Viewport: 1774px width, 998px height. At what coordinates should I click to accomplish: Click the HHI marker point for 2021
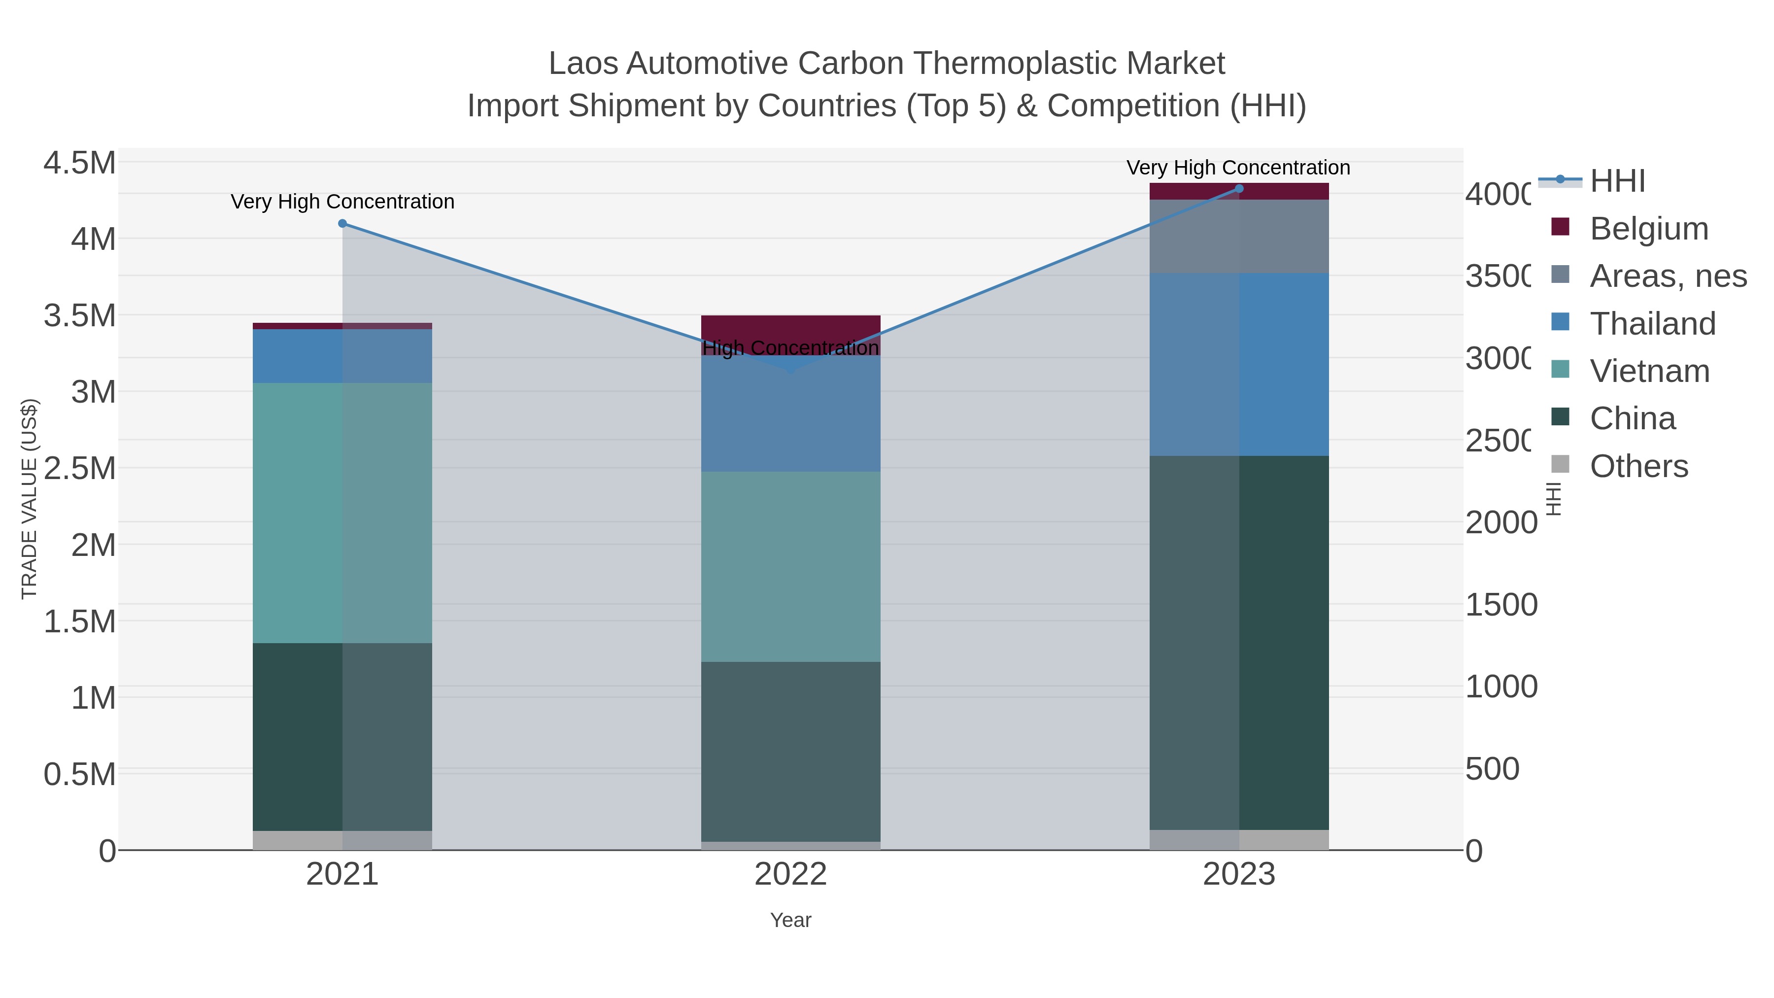342,224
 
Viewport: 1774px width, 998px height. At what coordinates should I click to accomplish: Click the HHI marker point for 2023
1239,189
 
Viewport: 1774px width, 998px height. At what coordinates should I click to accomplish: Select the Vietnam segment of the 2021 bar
342,513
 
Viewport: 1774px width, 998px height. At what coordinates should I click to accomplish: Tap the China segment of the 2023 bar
1239,642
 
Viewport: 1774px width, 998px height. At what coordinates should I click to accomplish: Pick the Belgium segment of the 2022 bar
790,328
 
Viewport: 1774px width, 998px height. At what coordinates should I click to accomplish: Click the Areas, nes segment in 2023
1239,236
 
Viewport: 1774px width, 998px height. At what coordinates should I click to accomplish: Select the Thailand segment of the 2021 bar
342,355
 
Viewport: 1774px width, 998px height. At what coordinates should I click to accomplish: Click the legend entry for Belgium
1649,229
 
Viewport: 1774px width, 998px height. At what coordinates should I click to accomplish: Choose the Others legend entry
1638,466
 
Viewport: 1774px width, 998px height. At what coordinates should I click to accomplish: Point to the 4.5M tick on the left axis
79,163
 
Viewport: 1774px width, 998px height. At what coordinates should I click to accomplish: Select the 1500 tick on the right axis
1501,605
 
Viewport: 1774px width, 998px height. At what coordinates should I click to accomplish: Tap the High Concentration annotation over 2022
790,348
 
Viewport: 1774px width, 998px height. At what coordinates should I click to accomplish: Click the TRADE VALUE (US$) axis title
29,499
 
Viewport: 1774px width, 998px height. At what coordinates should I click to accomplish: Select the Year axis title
790,920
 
